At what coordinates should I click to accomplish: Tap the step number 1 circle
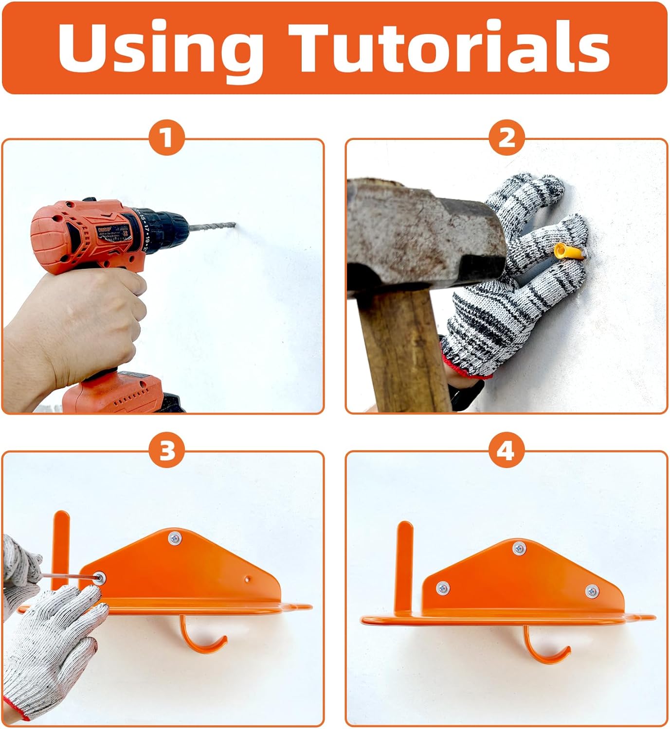click(167, 138)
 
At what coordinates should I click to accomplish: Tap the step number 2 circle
click(507, 138)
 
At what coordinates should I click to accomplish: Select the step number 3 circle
click(167, 451)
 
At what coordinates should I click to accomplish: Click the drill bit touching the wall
click(214, 227)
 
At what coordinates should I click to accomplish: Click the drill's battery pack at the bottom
click(122, 394)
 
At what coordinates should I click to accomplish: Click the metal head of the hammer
click(423, 233)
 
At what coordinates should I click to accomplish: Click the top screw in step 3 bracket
click(174, 538)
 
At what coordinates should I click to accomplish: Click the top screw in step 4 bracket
click(519, 548)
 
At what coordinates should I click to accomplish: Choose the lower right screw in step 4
click(592, 591)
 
